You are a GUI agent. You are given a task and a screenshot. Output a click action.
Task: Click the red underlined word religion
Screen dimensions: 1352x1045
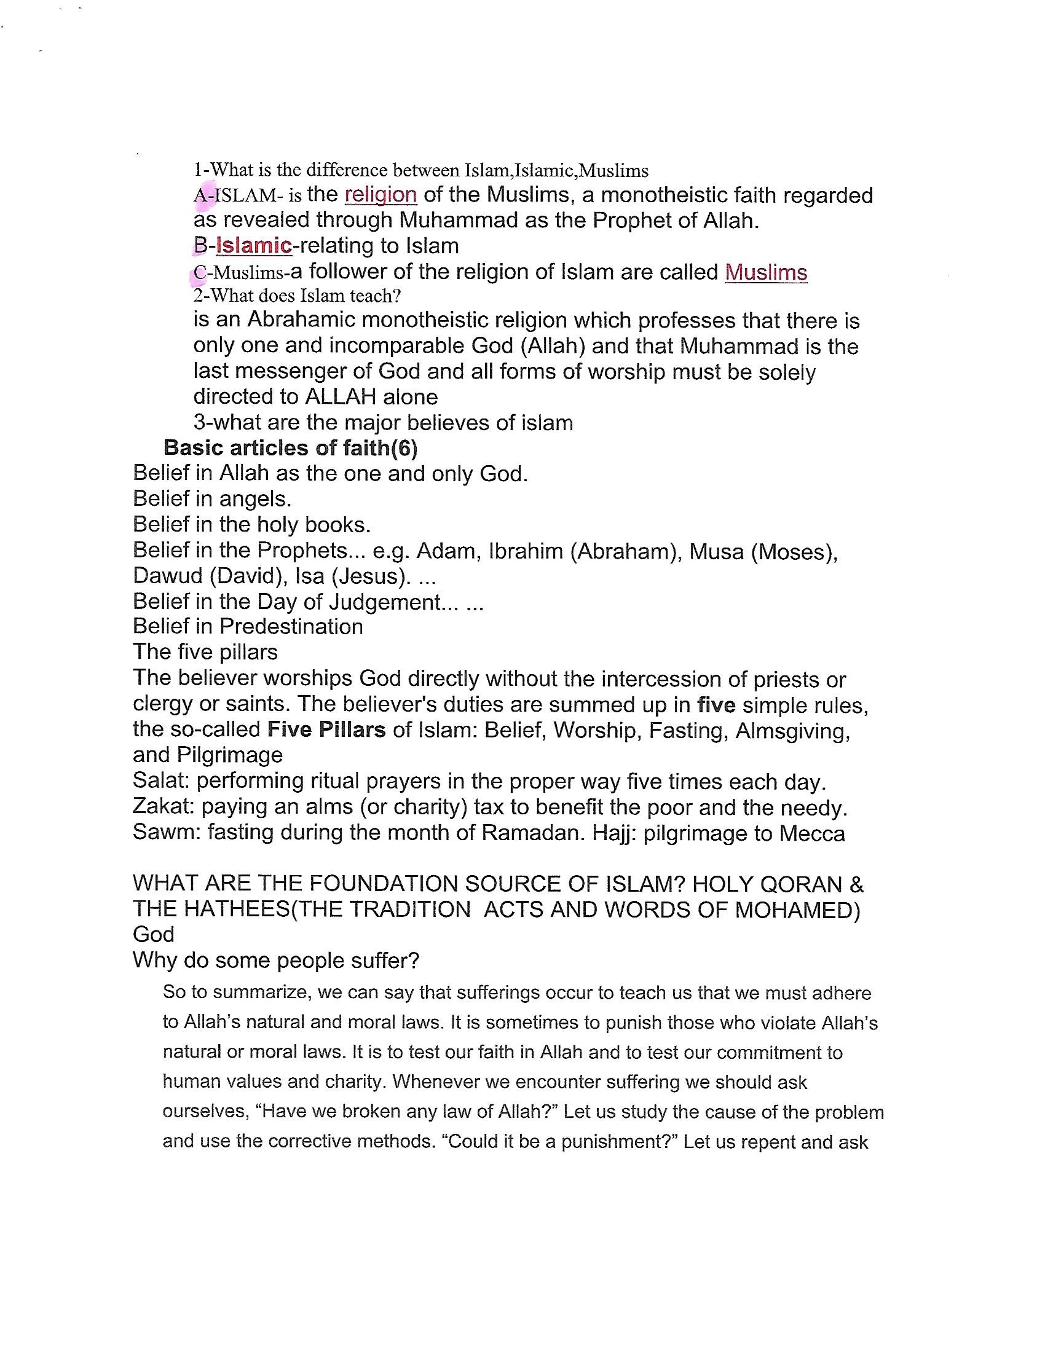click(x=380, y=195)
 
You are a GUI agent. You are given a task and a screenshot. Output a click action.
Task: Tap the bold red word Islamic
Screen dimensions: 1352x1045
click(x=253, y=246)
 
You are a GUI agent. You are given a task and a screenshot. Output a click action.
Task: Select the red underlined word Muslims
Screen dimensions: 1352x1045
click(x=766, y=272)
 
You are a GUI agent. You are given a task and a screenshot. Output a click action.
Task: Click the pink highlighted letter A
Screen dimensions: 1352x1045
click(x=200, y=195)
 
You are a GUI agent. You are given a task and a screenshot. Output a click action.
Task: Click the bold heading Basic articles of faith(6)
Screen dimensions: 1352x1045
click(x=290, y=447)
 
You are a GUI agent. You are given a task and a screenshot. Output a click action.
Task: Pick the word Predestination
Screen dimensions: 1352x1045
click(x=291, y=626)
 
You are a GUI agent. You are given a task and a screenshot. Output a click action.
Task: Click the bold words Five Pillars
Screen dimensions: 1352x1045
click(x=326, y=730)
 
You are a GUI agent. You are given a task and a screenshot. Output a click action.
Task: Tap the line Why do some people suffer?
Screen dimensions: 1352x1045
click(x=276, y=961)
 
